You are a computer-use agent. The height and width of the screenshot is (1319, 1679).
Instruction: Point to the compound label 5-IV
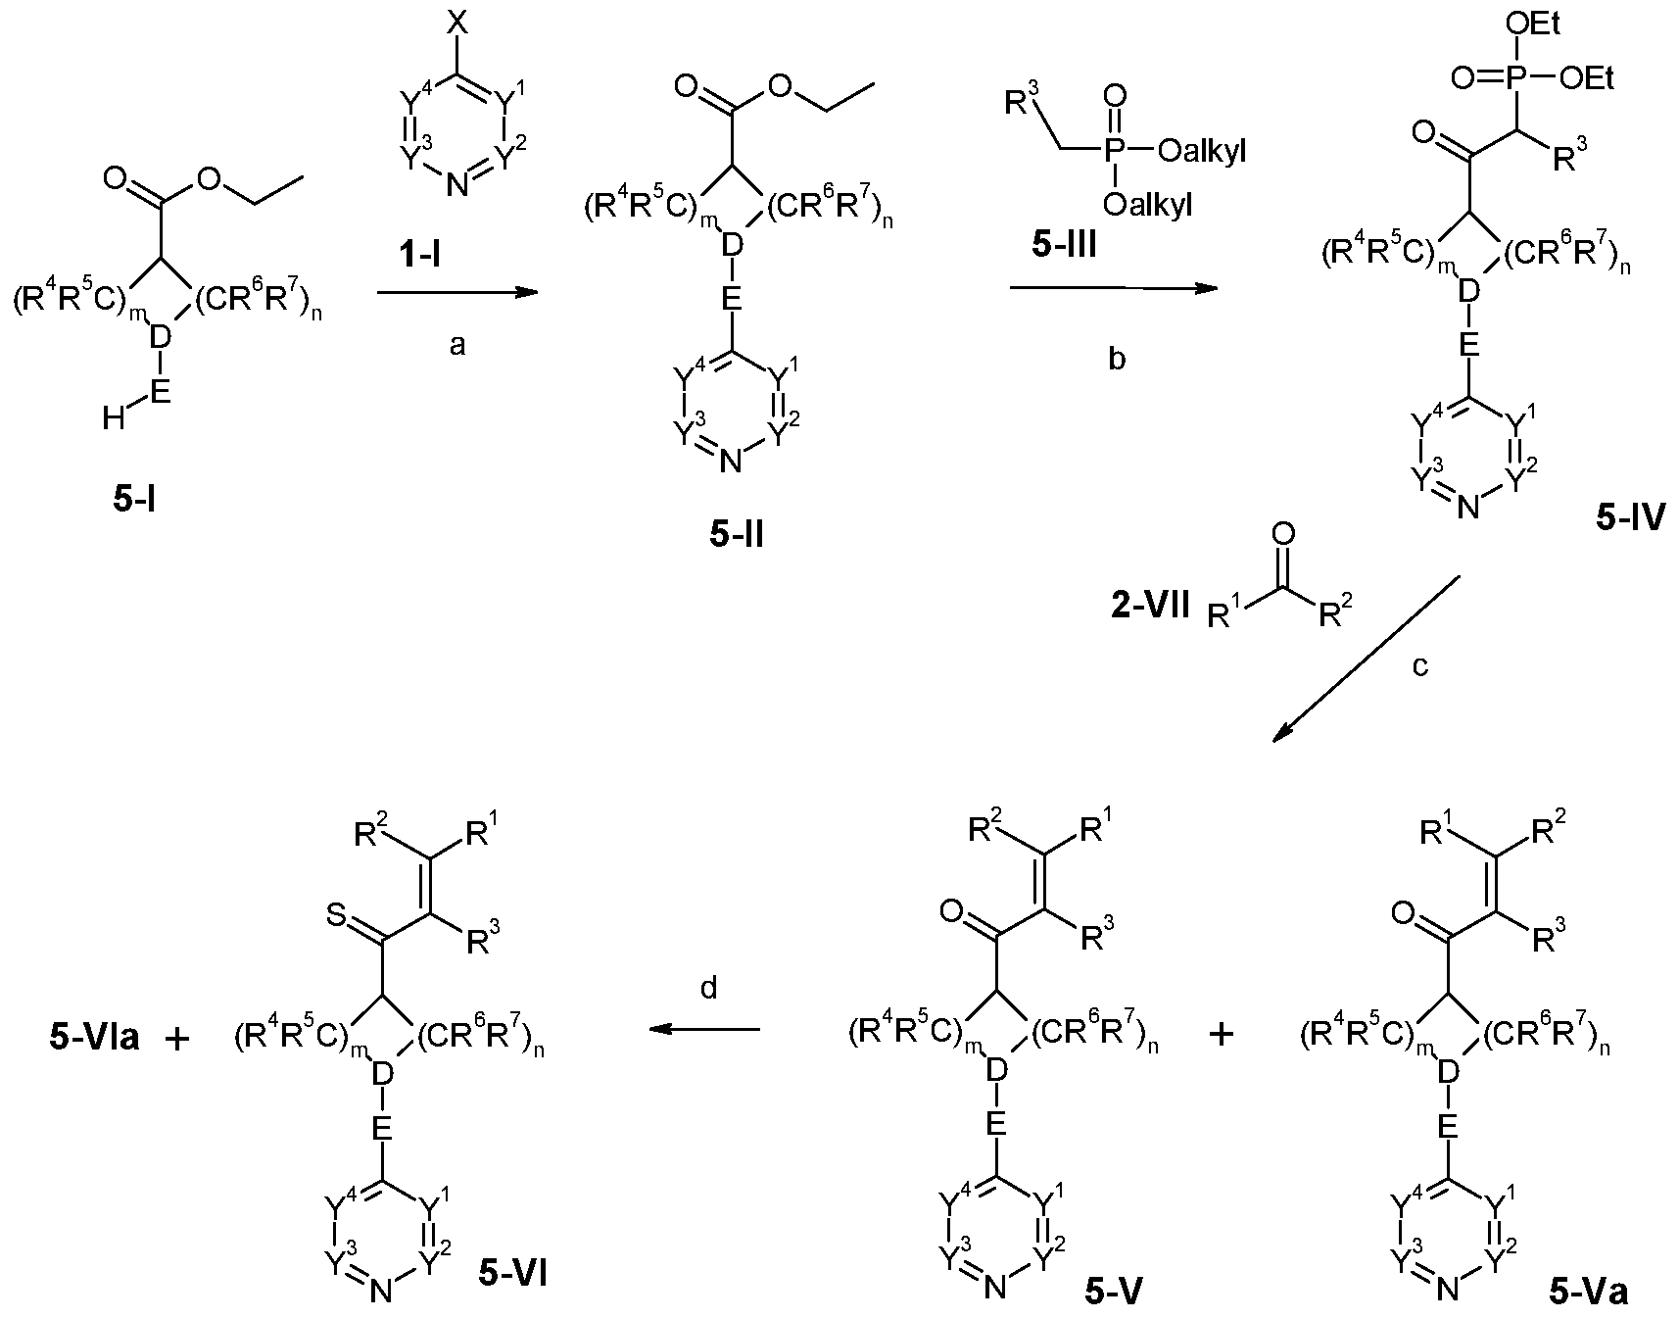point(1630,517)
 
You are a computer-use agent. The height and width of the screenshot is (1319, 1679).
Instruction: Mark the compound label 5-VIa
point(93,1038)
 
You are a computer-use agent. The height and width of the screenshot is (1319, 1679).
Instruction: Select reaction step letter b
point(1116,360)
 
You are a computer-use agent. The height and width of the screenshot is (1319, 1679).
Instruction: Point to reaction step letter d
point(709,988)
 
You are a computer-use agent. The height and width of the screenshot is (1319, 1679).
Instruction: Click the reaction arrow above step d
point(705,1029)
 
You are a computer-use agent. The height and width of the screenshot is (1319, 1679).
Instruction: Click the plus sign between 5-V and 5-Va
point(1222,1036)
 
